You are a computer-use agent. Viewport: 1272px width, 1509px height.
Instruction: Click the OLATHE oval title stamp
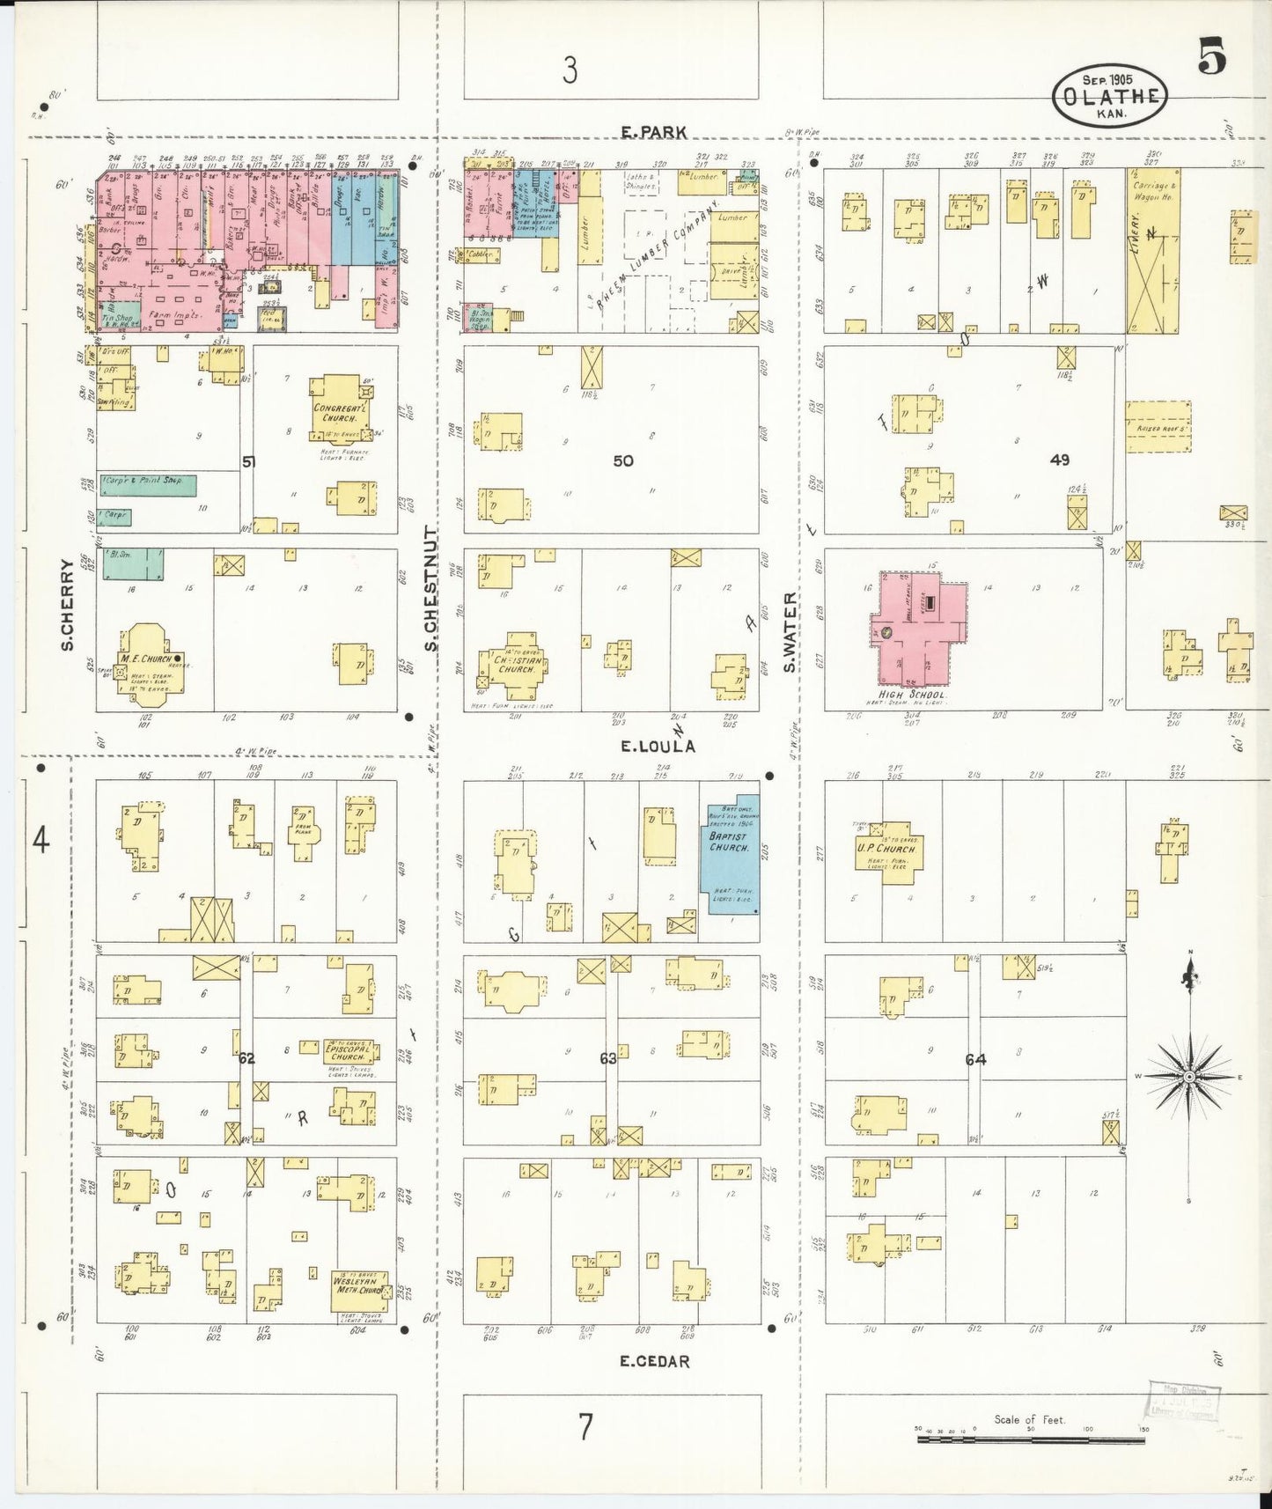1109,96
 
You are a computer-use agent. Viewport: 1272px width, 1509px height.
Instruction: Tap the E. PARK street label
653,132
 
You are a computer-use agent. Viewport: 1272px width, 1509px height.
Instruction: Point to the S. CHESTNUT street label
431,588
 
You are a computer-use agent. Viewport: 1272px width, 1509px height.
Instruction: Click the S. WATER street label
790,631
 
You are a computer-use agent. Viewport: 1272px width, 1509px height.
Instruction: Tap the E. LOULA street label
657,747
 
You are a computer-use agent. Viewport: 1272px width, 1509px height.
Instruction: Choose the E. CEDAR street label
654,1361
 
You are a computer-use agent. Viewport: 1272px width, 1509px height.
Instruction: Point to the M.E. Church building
146,665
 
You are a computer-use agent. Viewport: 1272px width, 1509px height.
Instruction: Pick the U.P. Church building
889,851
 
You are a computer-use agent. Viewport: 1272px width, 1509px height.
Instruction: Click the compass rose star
1189,1077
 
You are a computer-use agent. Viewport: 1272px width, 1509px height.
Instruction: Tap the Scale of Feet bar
1030,1440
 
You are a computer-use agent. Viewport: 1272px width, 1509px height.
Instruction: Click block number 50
622,460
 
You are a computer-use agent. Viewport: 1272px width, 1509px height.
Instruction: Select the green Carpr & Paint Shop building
147,484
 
